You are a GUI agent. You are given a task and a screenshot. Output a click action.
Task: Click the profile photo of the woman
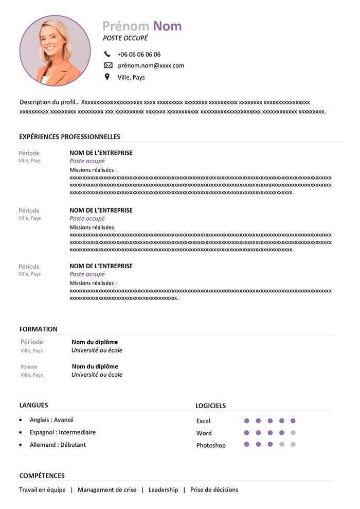[x=55, y=50]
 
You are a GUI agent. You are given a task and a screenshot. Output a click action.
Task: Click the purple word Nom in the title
[x=167, y=26]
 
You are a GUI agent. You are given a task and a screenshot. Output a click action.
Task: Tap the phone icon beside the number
[x=107, y=54]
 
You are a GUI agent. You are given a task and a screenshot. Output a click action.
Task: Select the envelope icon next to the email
[x=108, y=65]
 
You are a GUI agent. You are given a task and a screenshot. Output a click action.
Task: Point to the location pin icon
[x=107, y=77]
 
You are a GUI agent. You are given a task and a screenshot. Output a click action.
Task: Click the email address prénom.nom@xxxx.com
[x=151, y=65]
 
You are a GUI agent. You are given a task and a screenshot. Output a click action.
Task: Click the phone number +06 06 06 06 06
[x=139, y=54]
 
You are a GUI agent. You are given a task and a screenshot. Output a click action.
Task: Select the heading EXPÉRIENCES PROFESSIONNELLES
[x=69, y=136]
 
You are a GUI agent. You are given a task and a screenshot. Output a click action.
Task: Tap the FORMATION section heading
[x=39, y=329]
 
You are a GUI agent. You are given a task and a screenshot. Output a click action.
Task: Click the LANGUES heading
[x=33, y=405]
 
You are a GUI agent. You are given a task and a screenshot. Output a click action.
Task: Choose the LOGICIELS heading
[x=210, y=406]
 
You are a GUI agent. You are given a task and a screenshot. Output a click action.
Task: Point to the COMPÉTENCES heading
[x=42, y=476]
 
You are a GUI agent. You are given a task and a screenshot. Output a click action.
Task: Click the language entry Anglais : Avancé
[x=51, y=420]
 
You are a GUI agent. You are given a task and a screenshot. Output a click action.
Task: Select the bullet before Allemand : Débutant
[x=21, y=445]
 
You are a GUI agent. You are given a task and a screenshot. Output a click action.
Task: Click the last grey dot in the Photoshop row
[x=293, y=444]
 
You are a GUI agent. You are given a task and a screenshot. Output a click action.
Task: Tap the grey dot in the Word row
[x=293, y=433]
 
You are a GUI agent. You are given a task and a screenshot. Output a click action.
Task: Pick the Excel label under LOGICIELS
[x=203, y=421]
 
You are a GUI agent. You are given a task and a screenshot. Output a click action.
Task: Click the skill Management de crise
[x=107, y=490]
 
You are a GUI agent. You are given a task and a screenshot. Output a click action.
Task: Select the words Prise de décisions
[x=214, y=490]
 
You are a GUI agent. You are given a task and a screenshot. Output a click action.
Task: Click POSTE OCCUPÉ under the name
[x=125, y=38]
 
